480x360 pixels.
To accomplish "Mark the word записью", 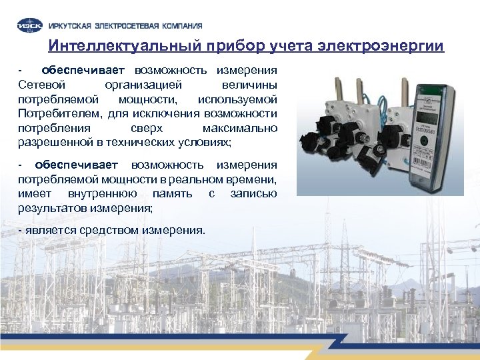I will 253,193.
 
